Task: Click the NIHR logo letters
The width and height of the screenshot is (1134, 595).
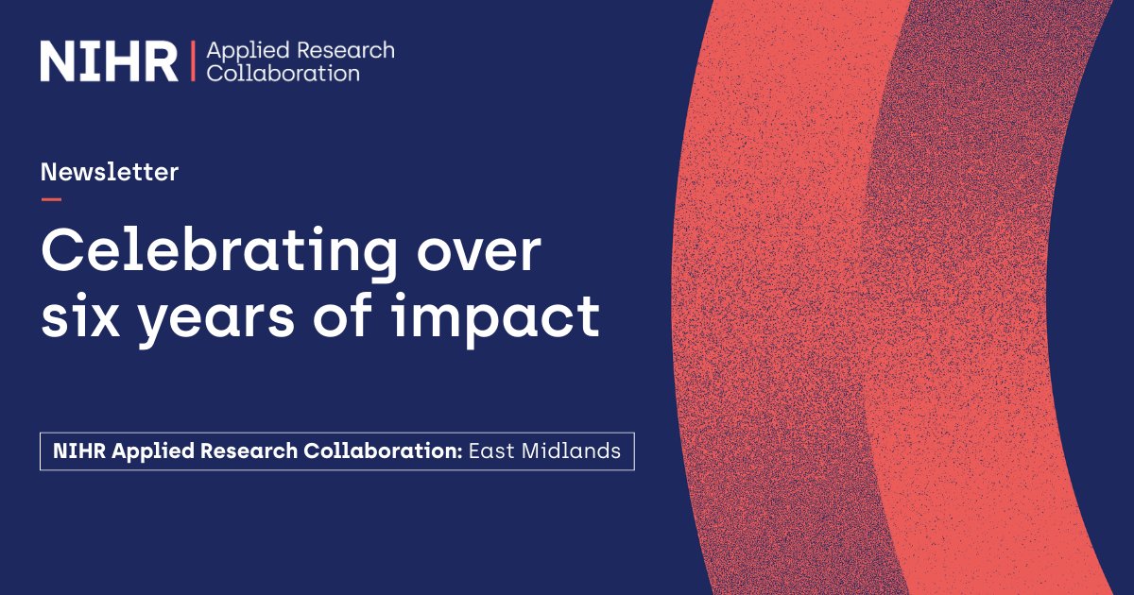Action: pyautogui.click(x=108, y=60)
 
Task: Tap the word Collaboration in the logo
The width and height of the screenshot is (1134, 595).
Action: pyautogui.click(x=283, y=73)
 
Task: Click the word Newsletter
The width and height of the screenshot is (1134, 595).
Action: pyautogui.click(x=110, y=172)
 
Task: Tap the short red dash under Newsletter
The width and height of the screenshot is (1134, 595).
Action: pyautogui.click(x=51, y=199)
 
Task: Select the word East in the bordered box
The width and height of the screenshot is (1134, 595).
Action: pyautogui.click(x=491, y=451)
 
